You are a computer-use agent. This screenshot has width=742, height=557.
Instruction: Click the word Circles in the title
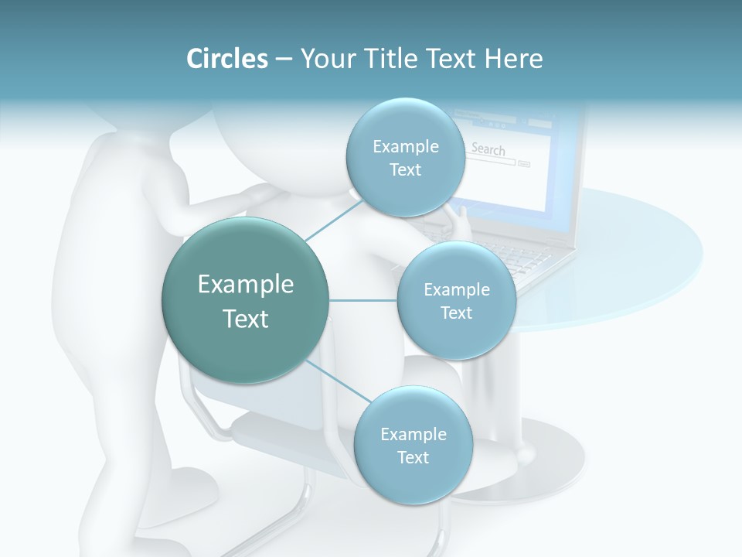[x=227, y=59]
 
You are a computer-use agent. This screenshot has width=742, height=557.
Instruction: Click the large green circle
[x=246, y=300]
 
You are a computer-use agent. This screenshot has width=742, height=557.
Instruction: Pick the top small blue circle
[x=405, y=157]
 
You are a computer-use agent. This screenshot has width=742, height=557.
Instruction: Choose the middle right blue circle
[x=456, y=300]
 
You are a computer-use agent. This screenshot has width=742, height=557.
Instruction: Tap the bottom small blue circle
[x=413, y=445]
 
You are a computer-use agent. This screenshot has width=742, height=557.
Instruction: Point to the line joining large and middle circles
[x=363, y=300]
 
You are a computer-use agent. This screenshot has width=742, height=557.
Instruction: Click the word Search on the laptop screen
[x=488, y=149]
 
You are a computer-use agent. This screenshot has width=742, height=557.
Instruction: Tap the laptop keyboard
[x=526, y=259]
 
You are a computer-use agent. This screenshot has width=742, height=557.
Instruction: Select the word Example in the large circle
[x=246, y=284]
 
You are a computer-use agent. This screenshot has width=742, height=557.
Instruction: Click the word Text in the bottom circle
[x=413, y=457]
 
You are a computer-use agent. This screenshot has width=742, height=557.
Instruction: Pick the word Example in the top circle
[x=406, y=146]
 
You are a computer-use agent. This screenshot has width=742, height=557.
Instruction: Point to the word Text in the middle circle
[x=456, y=313]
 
